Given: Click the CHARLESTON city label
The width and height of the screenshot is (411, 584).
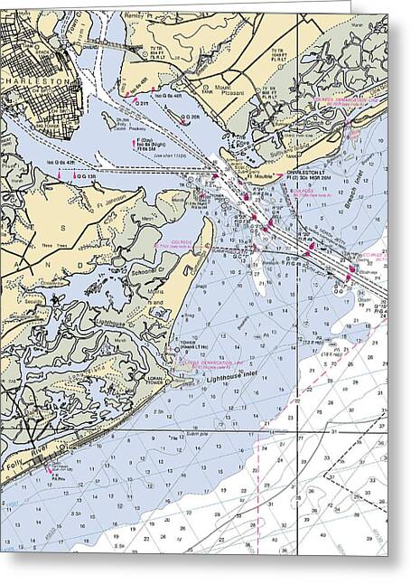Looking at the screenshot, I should click(34, 80).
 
